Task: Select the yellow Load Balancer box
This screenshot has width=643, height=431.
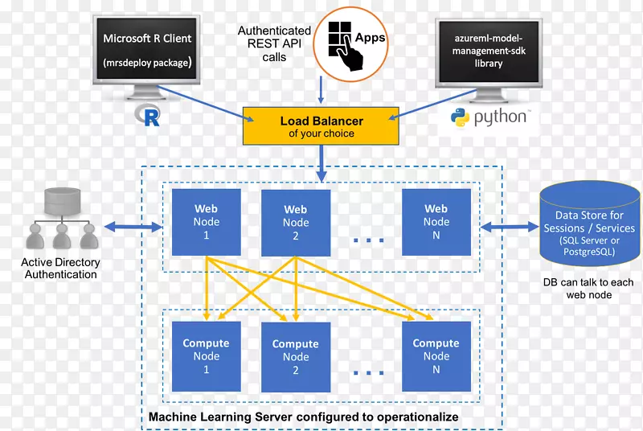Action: click(x=321, y=127)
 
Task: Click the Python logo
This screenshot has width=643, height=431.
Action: click(x=489, y=118)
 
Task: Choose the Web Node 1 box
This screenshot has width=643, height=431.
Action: click(x=207, y=223)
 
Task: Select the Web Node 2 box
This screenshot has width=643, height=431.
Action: click(x=295, y=223)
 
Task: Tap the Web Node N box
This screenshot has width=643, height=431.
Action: click(x=436, y=223)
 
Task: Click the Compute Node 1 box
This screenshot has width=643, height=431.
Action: click(x=207, y=356)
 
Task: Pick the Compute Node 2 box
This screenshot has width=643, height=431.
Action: click(x=295, y=356)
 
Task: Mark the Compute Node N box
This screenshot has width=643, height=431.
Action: click(x=436, y=356)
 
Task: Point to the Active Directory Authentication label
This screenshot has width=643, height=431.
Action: click(x=60, y=268)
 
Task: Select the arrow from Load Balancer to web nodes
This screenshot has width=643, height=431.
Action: click(x=321, y=164)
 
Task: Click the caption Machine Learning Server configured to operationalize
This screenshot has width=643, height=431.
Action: click(x=303, y=417)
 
